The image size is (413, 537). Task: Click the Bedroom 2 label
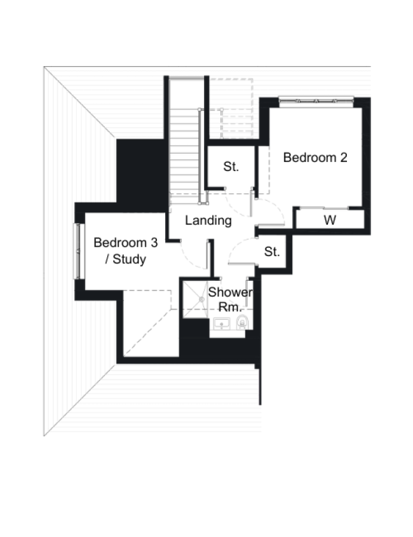tap(315, 158)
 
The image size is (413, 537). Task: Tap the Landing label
tap(208, 221)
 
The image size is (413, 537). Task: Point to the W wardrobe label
tap(330, 221)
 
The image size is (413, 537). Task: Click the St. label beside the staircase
tap(231, 167)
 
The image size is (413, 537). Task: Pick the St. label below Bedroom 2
tap(272, 252)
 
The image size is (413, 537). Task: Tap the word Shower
tap(231, 292)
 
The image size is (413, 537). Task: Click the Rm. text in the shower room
tap(235, 307)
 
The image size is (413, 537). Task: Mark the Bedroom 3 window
tap(79, 250)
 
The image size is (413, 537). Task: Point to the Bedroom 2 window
tap(316, 100)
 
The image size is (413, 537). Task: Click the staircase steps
tap(184, 153)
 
